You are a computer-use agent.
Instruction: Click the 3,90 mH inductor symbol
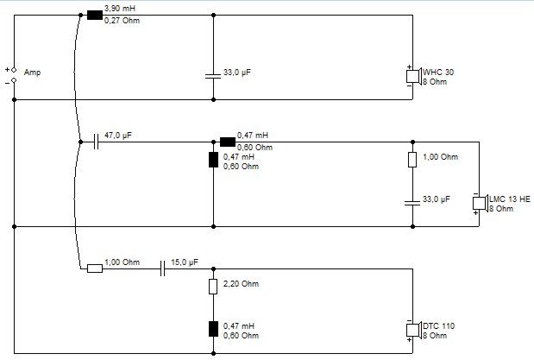[x=95, y=15]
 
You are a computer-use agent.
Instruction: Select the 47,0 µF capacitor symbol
[x=96, y=142]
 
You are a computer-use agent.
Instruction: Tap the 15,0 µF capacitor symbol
[x=163, y=268]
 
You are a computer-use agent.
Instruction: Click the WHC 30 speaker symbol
[x=414, y=76]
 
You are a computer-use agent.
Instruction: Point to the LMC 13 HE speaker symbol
[x=481, y=203]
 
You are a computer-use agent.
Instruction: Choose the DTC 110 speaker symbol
[x=414, y=330]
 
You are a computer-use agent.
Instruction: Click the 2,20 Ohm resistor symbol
[x=213, y=287]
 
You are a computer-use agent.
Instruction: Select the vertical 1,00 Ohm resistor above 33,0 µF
[x=412, y=160]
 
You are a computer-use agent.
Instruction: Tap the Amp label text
[x=33, y=73]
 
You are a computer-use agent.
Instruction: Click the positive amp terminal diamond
[x=14, y=70]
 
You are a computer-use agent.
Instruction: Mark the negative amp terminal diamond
[x=14, y=80]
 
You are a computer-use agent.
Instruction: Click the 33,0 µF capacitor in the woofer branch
[x=213, y=76]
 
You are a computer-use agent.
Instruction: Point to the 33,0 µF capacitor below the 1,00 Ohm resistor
[x=412, y=203]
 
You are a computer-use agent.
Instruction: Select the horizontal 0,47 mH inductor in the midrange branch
[x=228, y=142]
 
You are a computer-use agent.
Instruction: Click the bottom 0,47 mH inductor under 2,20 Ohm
[x=213, y=329]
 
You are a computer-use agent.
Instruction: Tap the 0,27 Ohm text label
[x=122, y=21]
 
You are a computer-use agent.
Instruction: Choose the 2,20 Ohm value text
[x=241, y=284]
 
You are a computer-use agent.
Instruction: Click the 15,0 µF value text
[x=185, y=262]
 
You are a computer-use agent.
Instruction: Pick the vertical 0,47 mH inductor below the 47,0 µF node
[x=213, y=160]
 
